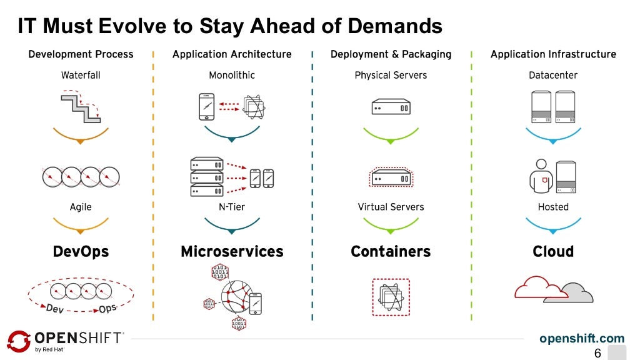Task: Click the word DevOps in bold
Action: point(81,251)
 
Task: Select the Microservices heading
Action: point(232,251)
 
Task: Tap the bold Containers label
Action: point(391,251)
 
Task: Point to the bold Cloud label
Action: point(553,251)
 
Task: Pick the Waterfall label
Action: point(81,75)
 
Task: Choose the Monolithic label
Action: point(232,75)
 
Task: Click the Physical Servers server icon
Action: point(391,107)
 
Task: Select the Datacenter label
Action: point(553,75)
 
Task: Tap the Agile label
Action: point(81,207)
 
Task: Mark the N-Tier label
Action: point(232,207)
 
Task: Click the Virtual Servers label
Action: point(391,207)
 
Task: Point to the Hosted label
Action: point(553,207)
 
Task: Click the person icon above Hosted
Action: point(541,177)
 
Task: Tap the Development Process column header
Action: point(81,54)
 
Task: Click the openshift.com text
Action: point(581,339)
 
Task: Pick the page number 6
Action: point(597,353)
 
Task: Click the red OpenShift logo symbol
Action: point(18,341)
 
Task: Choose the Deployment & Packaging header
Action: point(391,54)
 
